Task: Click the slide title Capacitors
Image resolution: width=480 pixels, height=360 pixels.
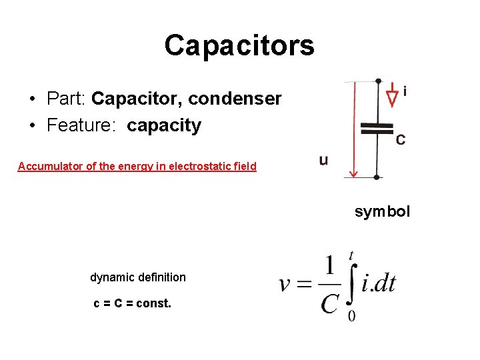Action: tap(239, 45)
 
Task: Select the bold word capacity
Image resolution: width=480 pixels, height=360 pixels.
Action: tap(164, 125)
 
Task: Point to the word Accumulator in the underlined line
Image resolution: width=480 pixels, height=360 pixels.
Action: tap(51, 166)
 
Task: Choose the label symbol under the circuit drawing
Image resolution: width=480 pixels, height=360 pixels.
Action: tap(382, 211)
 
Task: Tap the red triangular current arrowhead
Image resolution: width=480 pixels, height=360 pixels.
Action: tap(392, 97)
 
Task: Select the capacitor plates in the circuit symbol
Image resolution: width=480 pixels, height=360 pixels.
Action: tap(377, 129)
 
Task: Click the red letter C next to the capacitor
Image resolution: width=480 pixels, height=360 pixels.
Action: tap(400, 139)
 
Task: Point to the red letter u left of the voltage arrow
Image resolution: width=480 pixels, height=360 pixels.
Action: tap(323, 160)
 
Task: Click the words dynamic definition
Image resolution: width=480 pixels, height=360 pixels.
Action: tap(138, 277)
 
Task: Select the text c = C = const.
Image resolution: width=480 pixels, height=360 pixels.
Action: tap(132, 303)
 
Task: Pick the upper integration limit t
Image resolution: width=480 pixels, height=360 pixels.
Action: tap(351, 255)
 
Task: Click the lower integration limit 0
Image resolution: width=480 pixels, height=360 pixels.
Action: tap(351, 315)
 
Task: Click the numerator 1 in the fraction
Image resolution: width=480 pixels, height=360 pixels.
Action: tap(329, 265)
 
